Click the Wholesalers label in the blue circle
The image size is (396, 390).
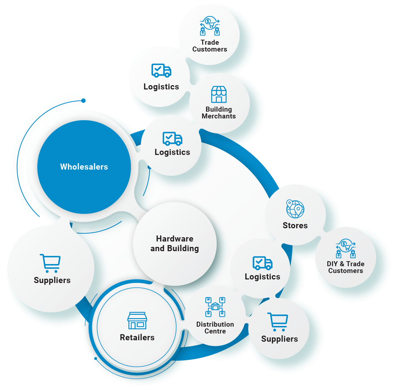(x=84, y=167)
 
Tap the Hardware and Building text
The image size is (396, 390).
(x=175, y=244)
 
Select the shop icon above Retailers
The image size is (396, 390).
(x=137, y=321)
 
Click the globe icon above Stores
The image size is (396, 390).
(x=295, y=209)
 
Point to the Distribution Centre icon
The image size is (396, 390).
(x=215, y=307)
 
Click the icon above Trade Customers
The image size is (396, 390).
(x=210, y=26)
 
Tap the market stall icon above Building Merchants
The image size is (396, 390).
(x=219, y=94)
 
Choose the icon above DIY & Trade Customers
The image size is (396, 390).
(x=346, y=248)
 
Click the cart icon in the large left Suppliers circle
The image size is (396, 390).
(x=50, y=263)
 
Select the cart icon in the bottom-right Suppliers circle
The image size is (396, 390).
(x=278, y=322)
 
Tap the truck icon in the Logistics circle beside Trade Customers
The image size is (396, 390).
(x=161, y=70)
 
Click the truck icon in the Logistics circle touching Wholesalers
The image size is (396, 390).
(x=172, y=138)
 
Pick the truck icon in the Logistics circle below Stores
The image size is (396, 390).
(x=263, y=263)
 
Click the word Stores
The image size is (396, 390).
(x=295, y=225)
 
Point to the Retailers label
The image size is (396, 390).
(x=137, y=337)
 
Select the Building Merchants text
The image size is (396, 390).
(x=219, y=113)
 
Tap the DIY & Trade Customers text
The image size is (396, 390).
(x=346, y=267)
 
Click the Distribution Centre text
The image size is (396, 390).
(x=215, y=328)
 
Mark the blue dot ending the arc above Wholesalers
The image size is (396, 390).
(x=83, y=101)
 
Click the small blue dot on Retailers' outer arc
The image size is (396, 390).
(x=96, y=359)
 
